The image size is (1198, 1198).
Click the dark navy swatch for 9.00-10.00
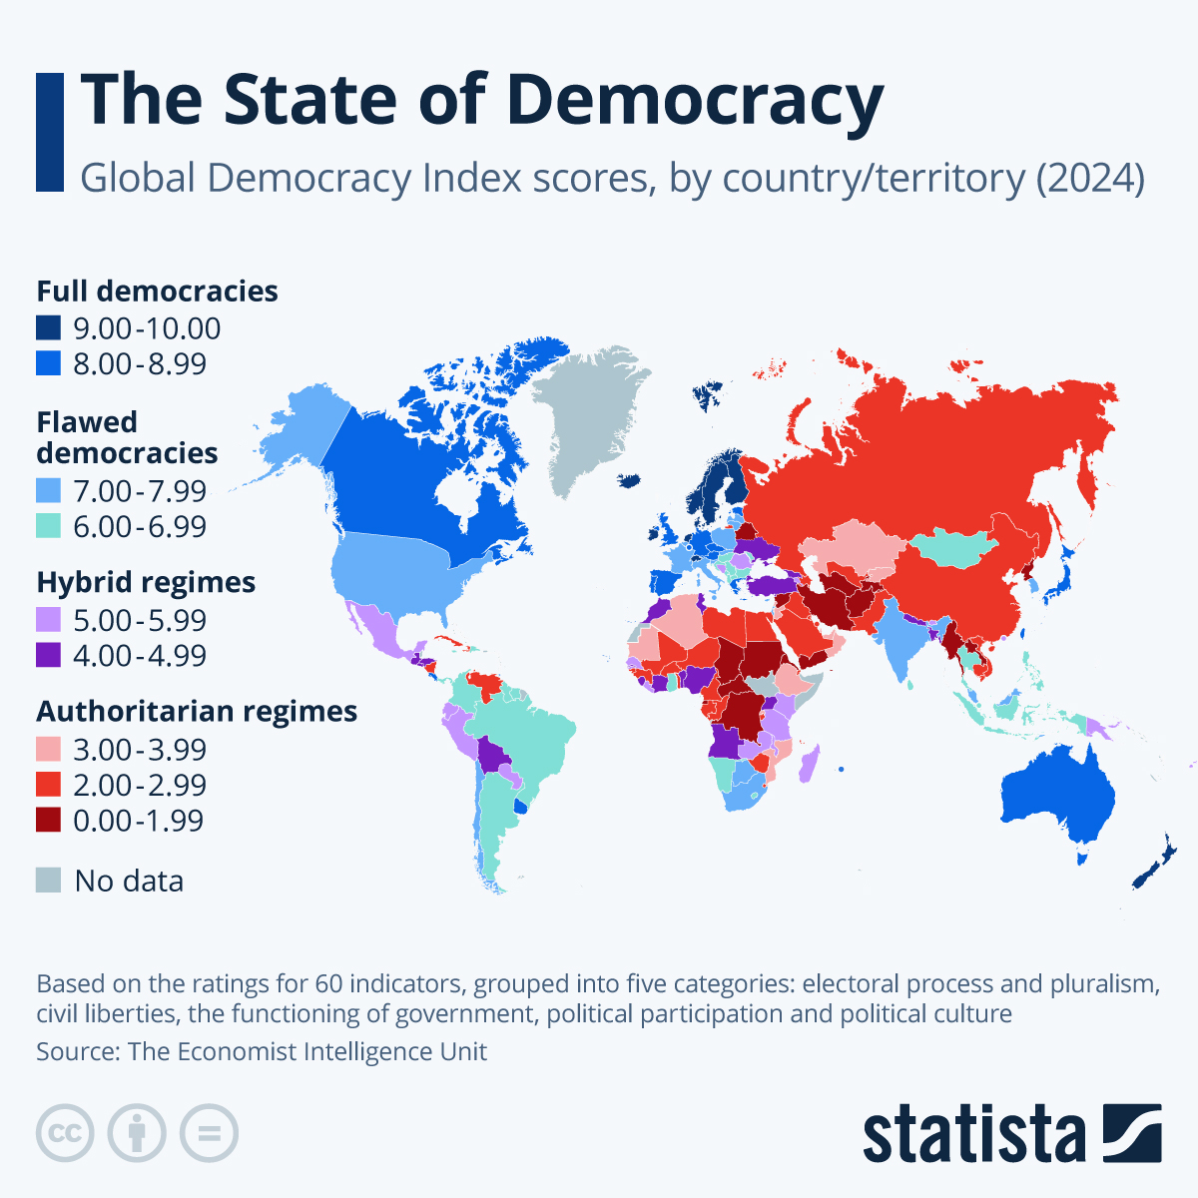pyautogui.click(x=49, y=328)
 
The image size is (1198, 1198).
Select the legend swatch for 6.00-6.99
pyautogui.click(x=49, y=526)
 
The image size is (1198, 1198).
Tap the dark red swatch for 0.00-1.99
pyautogui.click(x=49, y=820)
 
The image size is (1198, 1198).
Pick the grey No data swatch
pyautogui.click(x=49, y=880)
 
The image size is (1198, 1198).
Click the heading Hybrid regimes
pyautogui.click(x=146, y=582)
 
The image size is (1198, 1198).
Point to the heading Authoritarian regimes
pyautogui.click(x=197, y=711)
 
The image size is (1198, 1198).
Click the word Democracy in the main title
pyautogui.click(x=694, y=100)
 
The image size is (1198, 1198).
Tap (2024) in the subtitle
pyautogui.click(x=1089, y=179)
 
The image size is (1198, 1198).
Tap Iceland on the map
pyautogui.click(x=629, y=480)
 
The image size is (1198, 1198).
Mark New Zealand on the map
pyautogui.click(x=1153, y=865)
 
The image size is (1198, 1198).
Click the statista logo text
pyautogui.click(x=973, y=1133)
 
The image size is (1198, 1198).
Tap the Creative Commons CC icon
pyautogui.click(x=65, y=1133)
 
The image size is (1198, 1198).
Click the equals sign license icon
pyautogui.click(x=209, y=1133)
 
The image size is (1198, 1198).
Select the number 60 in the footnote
pyautogui.click(x=328, y=984)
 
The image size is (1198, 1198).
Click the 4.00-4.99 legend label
pyautogui.click(x=140, y=656)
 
